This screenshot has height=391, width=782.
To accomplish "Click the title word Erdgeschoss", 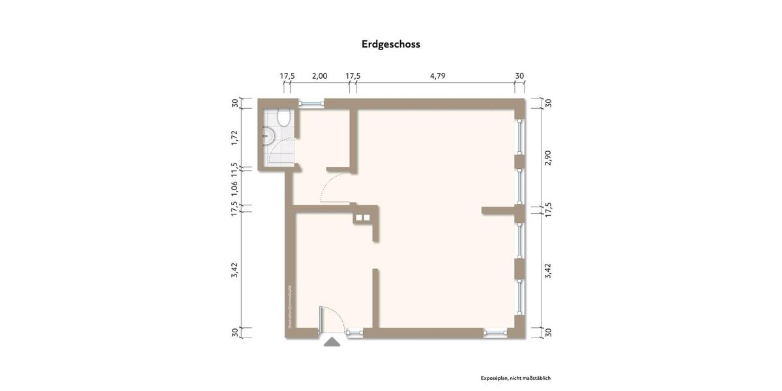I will [391, 44].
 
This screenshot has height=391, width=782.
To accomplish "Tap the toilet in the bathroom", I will [283, 118].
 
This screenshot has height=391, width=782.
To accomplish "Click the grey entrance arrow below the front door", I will [332, 341].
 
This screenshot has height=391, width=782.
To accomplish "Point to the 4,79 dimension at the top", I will [437, 76].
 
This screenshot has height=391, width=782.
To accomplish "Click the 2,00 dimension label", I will [319, 76].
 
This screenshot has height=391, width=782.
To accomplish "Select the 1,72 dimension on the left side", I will [235, 137].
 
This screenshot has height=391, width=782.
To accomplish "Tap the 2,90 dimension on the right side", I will [548, 157].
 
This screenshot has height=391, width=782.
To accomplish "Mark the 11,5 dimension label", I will [235, 169].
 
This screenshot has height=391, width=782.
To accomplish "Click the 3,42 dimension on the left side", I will [235, 270].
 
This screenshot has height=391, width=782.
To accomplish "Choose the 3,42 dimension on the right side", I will [548, 270].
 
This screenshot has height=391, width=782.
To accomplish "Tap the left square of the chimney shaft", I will [358, 218].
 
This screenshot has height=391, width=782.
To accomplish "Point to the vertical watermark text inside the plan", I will [290, 306].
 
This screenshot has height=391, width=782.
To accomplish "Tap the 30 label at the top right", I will [519, 76].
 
